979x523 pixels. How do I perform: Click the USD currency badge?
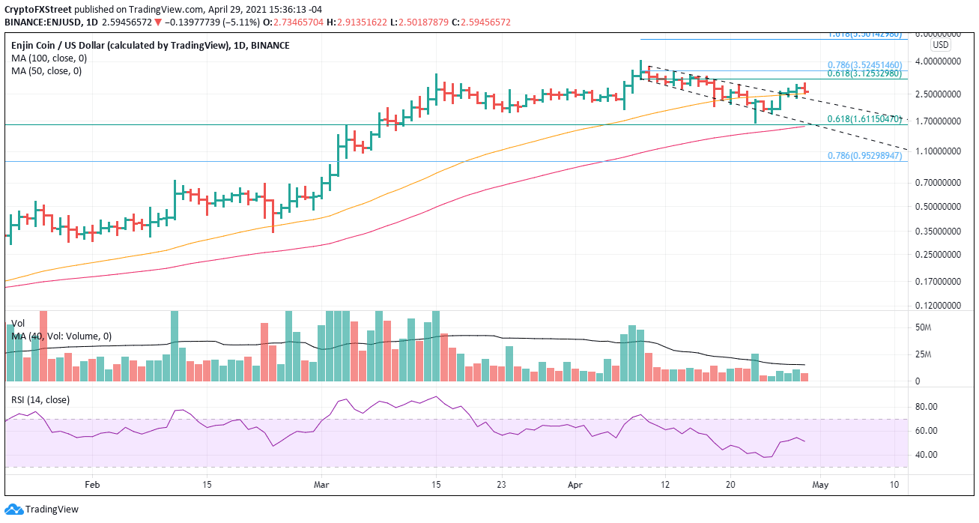pyautogui.click(x=940, y=45)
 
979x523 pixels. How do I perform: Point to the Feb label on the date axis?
pyautogui.click(x=92, y=485)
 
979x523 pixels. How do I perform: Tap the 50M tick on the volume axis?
pyautogui.click(x=924, y=328)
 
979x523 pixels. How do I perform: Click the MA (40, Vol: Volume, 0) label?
pyautogui.click(x=61, y=336)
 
